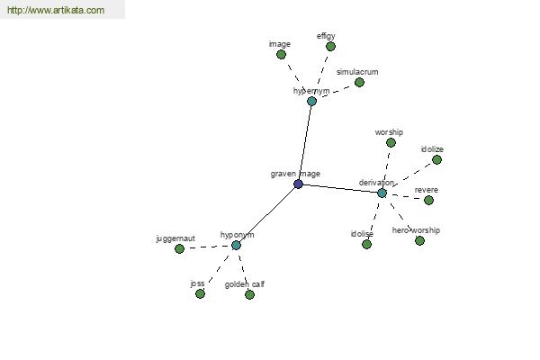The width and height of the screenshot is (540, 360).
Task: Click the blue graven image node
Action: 298,184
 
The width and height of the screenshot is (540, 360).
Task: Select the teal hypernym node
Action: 311,102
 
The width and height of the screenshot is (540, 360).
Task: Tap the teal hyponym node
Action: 236,246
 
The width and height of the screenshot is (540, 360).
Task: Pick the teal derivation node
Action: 382,193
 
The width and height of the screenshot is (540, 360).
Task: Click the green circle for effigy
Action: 330,46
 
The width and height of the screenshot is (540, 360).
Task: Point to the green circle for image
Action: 281,54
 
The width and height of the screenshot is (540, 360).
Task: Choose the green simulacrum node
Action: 359,82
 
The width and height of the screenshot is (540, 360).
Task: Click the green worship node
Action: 391,142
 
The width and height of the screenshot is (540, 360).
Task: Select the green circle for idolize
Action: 436,160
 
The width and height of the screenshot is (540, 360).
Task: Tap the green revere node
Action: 428,200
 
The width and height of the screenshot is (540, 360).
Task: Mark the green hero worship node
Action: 419,241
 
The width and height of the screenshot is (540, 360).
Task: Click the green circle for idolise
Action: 367,245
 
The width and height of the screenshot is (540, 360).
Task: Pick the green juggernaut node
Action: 179,248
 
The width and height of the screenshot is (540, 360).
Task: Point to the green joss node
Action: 200,294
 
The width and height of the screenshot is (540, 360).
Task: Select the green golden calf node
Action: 249,294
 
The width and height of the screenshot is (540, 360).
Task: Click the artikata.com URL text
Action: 56,10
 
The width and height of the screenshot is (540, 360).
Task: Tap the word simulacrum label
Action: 357,72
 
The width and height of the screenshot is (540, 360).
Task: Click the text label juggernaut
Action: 175,238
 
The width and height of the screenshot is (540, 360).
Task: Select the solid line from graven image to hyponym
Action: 267,214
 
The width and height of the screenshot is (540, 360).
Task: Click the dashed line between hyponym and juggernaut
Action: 208,247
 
